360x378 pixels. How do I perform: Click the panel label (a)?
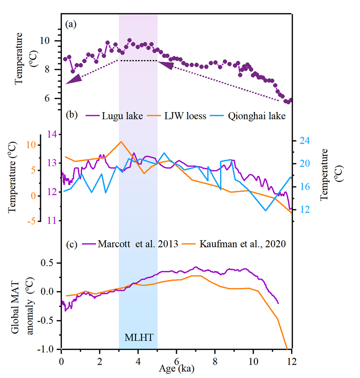[x=71, y=24]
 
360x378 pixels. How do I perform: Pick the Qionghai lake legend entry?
[x=257, y=116]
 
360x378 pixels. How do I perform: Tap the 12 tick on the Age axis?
[x=291, y=360]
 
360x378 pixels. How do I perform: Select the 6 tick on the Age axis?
[x=176, y=360]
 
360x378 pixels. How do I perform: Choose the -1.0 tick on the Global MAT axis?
[x=44, y=349]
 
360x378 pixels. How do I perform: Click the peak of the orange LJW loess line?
[x=121, y=141]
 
